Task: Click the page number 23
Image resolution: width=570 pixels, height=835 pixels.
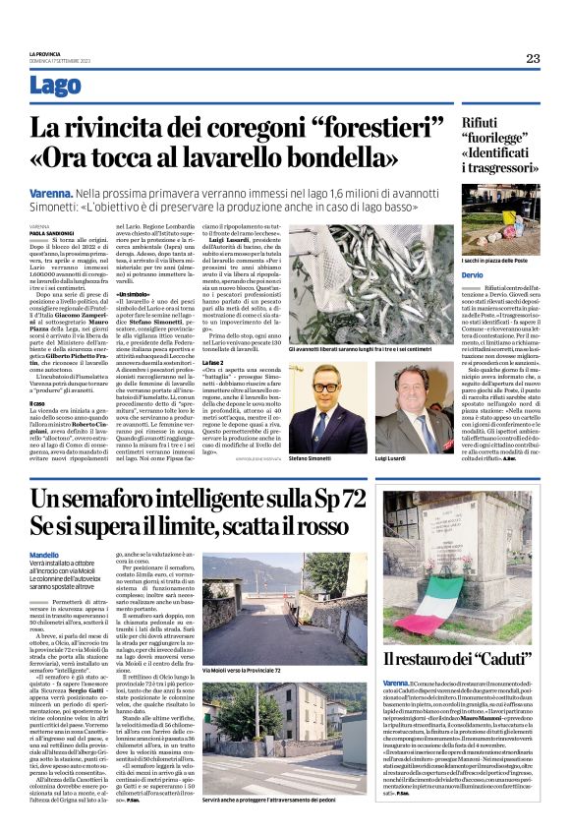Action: [x=532, y=58]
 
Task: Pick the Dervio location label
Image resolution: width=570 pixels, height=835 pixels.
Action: [x=474, y=274]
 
